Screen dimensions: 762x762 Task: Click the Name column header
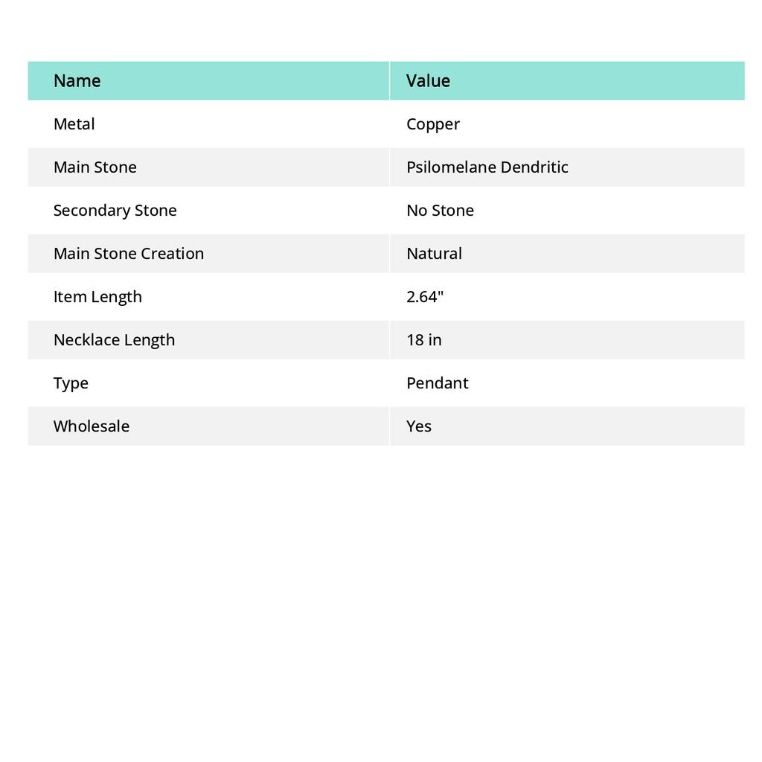pos(77,81)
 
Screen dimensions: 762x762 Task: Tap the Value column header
pos(428,81)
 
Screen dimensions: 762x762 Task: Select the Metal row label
pos(74,124)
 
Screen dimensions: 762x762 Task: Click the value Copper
pos(433,124)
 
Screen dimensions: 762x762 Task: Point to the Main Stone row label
pos(95,167)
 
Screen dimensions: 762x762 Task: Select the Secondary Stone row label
pos(115,211)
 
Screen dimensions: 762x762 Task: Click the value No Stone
pos(440,211)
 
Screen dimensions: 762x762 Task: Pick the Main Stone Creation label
pos(128,254)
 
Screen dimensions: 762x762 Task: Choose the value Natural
pos(434,254)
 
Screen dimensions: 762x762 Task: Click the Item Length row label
pos(97,297)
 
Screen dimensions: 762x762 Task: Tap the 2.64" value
pos(425,297)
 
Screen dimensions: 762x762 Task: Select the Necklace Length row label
pos(114,340)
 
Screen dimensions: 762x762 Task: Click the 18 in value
pos(423,340)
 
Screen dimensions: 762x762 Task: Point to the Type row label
pos(71,383)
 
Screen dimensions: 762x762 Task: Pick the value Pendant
pos(437,383)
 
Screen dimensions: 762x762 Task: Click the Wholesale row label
pos(91,426)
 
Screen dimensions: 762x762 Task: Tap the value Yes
pos(419,426)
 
